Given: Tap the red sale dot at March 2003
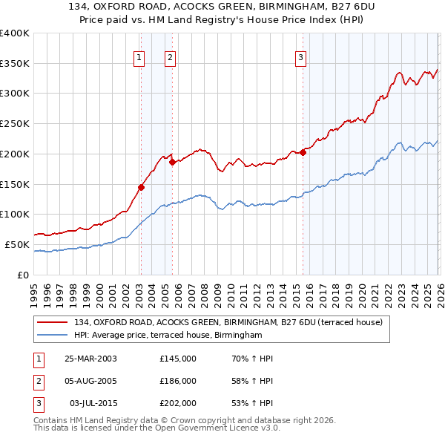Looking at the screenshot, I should coord(141,187).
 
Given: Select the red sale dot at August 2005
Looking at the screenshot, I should coord(171,162).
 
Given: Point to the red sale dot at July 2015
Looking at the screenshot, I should coord(303,153).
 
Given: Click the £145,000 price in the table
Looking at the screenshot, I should coord(178,359).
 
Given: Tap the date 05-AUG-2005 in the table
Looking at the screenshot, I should coord(91,381).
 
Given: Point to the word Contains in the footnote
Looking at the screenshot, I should coord(53,420).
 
